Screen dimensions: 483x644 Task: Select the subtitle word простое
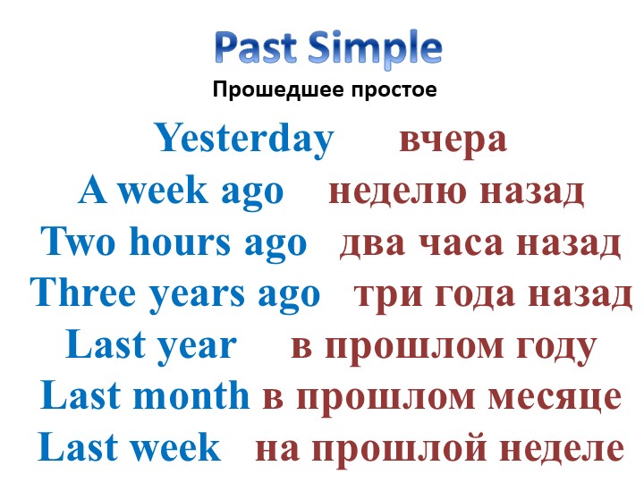point(393,90)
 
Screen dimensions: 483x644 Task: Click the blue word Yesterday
point(244,140)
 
